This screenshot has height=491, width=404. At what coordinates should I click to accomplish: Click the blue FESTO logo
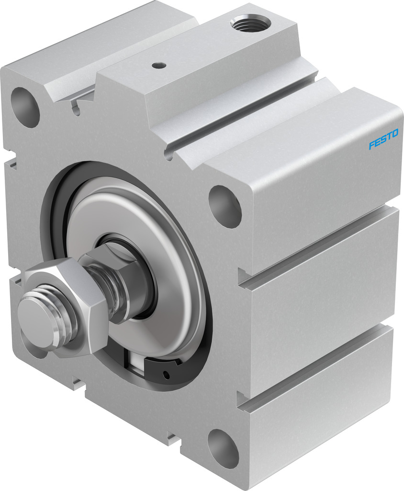[383, 139]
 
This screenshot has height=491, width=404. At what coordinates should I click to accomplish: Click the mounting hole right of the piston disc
[225, 205]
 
